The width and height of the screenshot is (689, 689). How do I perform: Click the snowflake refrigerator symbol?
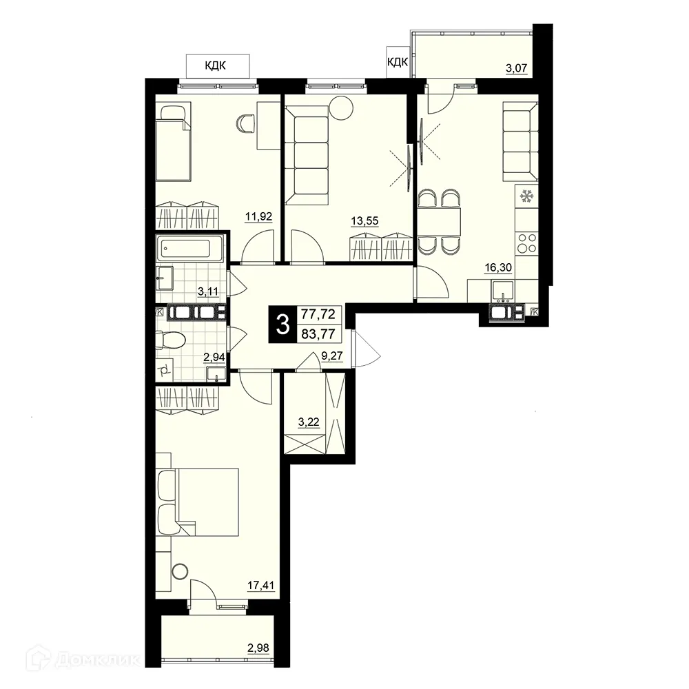tap(527, 196)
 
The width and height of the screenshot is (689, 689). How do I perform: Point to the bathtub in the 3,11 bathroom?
tap(189, 249)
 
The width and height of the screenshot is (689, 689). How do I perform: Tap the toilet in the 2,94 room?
tap(172, 339)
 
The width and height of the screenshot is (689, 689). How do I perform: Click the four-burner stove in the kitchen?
tap(527, 243)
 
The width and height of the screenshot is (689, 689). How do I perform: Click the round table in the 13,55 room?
tap(340, 107)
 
